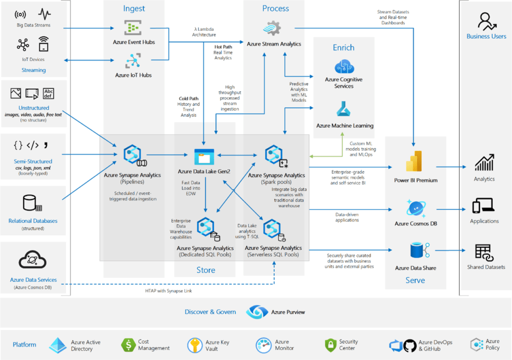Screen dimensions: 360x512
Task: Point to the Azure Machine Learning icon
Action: (x=344, y=109)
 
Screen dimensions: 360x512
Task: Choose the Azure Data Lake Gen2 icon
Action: (x=203, y=157)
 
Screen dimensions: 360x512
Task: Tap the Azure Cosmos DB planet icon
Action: (x=415, y=207)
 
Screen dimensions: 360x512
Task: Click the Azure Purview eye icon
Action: (x=256, y=312)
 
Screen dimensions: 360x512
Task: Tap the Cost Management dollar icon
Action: (x=128, y=345)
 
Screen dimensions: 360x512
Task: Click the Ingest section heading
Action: (x=134, y=8)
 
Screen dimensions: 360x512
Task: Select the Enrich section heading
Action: (x=343, y=47)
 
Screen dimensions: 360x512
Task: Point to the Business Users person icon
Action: (x=485, y=21)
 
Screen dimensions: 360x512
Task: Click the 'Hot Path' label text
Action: (x=223, y=46)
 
